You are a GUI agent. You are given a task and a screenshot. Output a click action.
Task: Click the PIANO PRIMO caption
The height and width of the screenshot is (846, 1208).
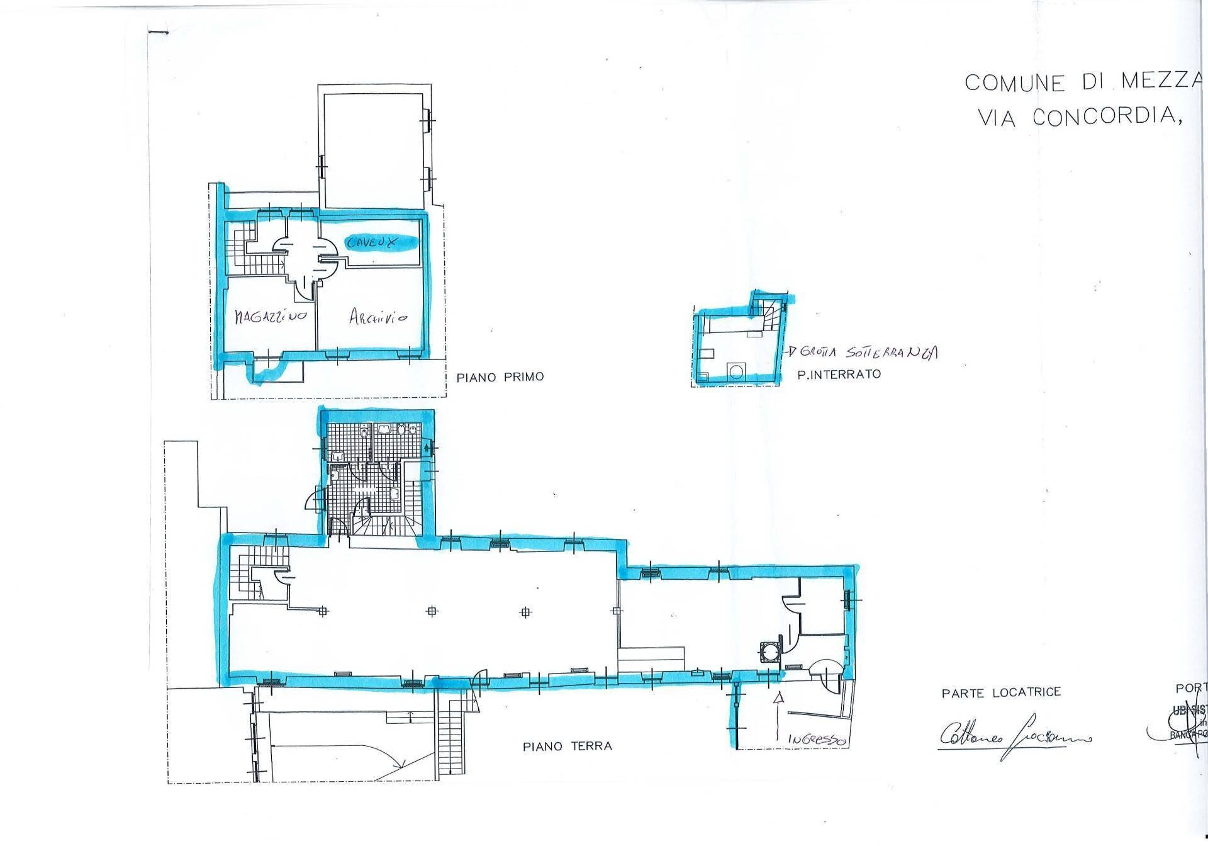500,377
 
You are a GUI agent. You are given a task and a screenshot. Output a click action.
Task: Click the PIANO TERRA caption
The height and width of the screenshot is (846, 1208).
567,747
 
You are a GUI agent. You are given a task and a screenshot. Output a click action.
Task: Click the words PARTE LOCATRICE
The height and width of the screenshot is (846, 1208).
1001,692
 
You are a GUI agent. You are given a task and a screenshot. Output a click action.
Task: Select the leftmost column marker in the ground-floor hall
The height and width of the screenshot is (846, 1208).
323,611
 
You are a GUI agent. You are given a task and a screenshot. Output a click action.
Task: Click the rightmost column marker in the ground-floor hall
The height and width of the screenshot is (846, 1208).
617,611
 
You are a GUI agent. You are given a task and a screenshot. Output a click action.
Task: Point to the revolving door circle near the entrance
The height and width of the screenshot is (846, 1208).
768,652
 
